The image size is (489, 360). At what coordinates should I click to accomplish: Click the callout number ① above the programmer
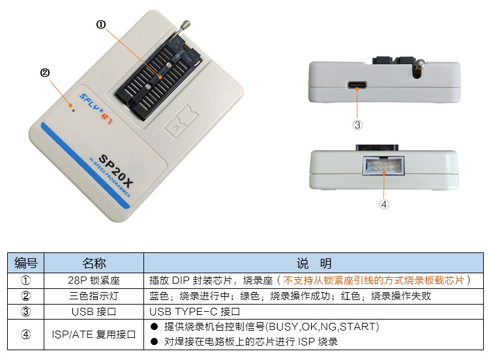point(101,25)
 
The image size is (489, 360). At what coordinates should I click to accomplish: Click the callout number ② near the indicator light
point(45,73)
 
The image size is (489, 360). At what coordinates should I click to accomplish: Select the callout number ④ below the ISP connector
point(384,203)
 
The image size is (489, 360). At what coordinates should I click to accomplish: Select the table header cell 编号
point(26,263)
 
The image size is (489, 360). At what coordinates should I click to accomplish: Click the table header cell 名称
point(94,263)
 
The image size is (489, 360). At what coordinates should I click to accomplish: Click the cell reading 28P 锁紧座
point(94,280)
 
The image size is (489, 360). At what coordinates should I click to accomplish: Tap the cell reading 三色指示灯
point(94,296)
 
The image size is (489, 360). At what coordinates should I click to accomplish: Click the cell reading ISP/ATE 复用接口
point(94,335)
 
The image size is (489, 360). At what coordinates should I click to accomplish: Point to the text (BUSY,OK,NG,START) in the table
point(325,327)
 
